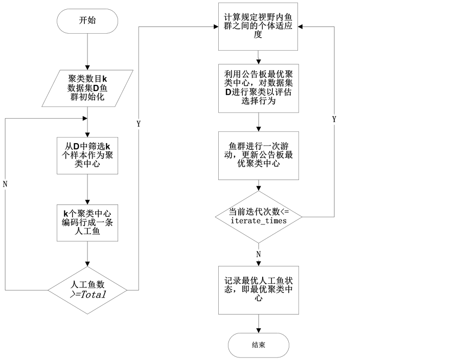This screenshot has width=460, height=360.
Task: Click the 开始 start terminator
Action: click(x=87, y=21)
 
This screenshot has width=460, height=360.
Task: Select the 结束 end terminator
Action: click(x=259, y=345)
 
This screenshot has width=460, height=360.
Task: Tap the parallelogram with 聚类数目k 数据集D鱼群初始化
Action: click(x=87, y=88)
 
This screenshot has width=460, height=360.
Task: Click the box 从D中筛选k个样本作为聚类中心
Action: click(x=87, y=155)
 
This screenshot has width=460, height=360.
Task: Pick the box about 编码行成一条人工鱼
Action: click(x=87, y=222)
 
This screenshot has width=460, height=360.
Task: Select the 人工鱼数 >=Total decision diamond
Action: click(x=87, y=290)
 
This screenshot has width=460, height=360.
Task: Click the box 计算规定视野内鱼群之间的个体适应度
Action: click(x=258, y=26)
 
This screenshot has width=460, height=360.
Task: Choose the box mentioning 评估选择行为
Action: click(x=258, y=88)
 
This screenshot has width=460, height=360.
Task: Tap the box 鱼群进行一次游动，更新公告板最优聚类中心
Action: click(x=258, y=155)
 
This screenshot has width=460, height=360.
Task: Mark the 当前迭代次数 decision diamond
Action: click(x=258, y=216)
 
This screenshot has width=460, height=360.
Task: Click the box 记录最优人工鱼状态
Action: click(x=258, y=289)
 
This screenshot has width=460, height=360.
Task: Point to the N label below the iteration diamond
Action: click(x=258, y=254)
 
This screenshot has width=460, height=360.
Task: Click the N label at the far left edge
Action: click(x=5, y=185)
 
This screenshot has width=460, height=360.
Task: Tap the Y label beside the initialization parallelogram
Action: click(x=138, y=124)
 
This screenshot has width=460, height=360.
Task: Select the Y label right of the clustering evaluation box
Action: click(x=334, y=120)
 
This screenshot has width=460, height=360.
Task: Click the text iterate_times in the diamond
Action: click(x=259, y=221)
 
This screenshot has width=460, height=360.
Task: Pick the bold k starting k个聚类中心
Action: click(x=66, y=213)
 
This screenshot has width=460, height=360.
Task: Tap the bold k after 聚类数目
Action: click(x=104, y=79)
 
